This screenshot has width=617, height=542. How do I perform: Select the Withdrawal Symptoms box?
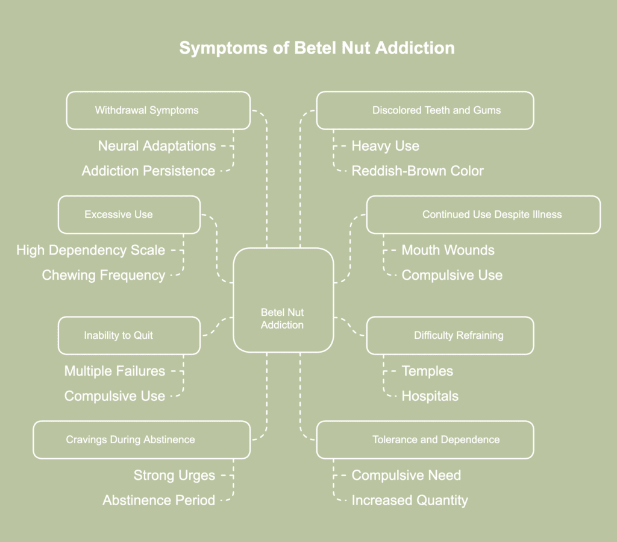[158, 110]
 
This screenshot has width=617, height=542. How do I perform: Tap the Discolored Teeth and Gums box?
[425, 110]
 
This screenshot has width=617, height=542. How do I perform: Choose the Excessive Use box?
[129, 215]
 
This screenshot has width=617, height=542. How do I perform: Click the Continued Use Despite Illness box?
[483, 215]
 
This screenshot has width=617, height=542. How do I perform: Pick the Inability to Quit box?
[129, 335]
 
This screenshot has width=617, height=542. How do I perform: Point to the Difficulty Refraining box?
[449, 335]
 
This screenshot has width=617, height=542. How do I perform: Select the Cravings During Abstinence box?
[141, 440]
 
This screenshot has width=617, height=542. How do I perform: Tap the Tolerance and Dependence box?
[425, 440]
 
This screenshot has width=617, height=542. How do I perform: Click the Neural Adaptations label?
[157, 146]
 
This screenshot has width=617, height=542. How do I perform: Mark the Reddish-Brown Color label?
[418, 171]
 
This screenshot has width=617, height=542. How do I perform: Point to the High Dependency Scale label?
[90, 250]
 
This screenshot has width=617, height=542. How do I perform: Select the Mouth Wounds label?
[448, 250]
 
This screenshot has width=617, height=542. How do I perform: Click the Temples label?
[427, 371]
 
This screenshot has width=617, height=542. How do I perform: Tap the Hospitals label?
[430, 396]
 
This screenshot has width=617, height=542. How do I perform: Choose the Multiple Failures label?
[114, 371]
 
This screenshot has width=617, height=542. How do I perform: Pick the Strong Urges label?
[174, 475]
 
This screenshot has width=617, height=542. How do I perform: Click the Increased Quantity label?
[410, 500]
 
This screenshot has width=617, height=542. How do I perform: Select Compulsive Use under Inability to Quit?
[114, 396]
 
